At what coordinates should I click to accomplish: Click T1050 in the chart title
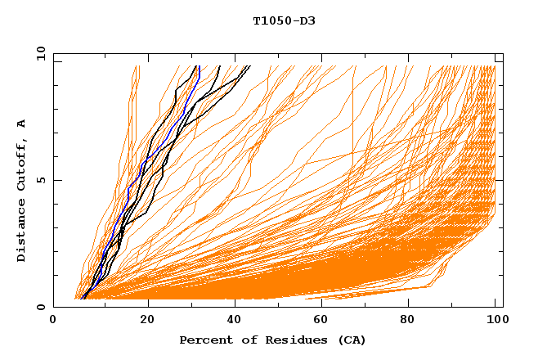pos(269,20)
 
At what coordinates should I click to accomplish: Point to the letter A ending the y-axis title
pos(21,124)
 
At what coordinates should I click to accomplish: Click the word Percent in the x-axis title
pos(204,340)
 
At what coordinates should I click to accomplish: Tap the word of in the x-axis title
pos(244,340)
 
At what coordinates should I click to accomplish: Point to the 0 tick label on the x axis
pos(53,321)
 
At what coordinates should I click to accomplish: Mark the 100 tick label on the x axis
pos(495,321)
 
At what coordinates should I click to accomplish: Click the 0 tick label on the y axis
pos(40,307)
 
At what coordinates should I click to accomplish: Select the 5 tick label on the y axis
pos(40,180)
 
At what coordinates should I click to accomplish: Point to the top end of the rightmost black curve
pos(249,66)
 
